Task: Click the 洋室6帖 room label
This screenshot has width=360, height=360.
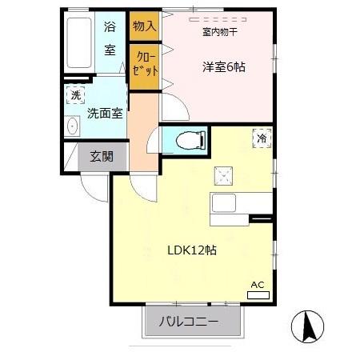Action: pyautogui.click(x=223, y=68)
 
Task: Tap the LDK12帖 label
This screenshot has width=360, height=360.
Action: pyautogui.click(x=193, y=250)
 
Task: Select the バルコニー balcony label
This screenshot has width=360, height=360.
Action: pyautogui.click(x=193, y=322)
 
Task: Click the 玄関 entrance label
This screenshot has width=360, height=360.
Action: pyautogui.click(x=102, y=155)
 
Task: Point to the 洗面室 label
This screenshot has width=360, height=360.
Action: pyautogui.click(x=106, y=114)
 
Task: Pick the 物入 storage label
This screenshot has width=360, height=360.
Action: pyautogui.click(x=143, y=26)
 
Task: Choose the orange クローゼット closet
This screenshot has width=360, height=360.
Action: pyautogui.click(x=144, y=62)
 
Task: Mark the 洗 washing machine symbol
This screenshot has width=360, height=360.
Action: pyautogui.click(x=74, y=95)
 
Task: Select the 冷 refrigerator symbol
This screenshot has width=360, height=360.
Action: pyautogui.click(x=262, y=138)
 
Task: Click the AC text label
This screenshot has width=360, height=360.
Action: pyautogui.click(x=258, y=285)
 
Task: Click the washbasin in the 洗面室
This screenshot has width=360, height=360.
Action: pyautogui.click(x=73, y=126)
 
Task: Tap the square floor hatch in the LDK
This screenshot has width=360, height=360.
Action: pyautogui.click(x=222, y=176)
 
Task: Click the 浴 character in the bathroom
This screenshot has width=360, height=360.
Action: pyautogui.click(x=110, y=26)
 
